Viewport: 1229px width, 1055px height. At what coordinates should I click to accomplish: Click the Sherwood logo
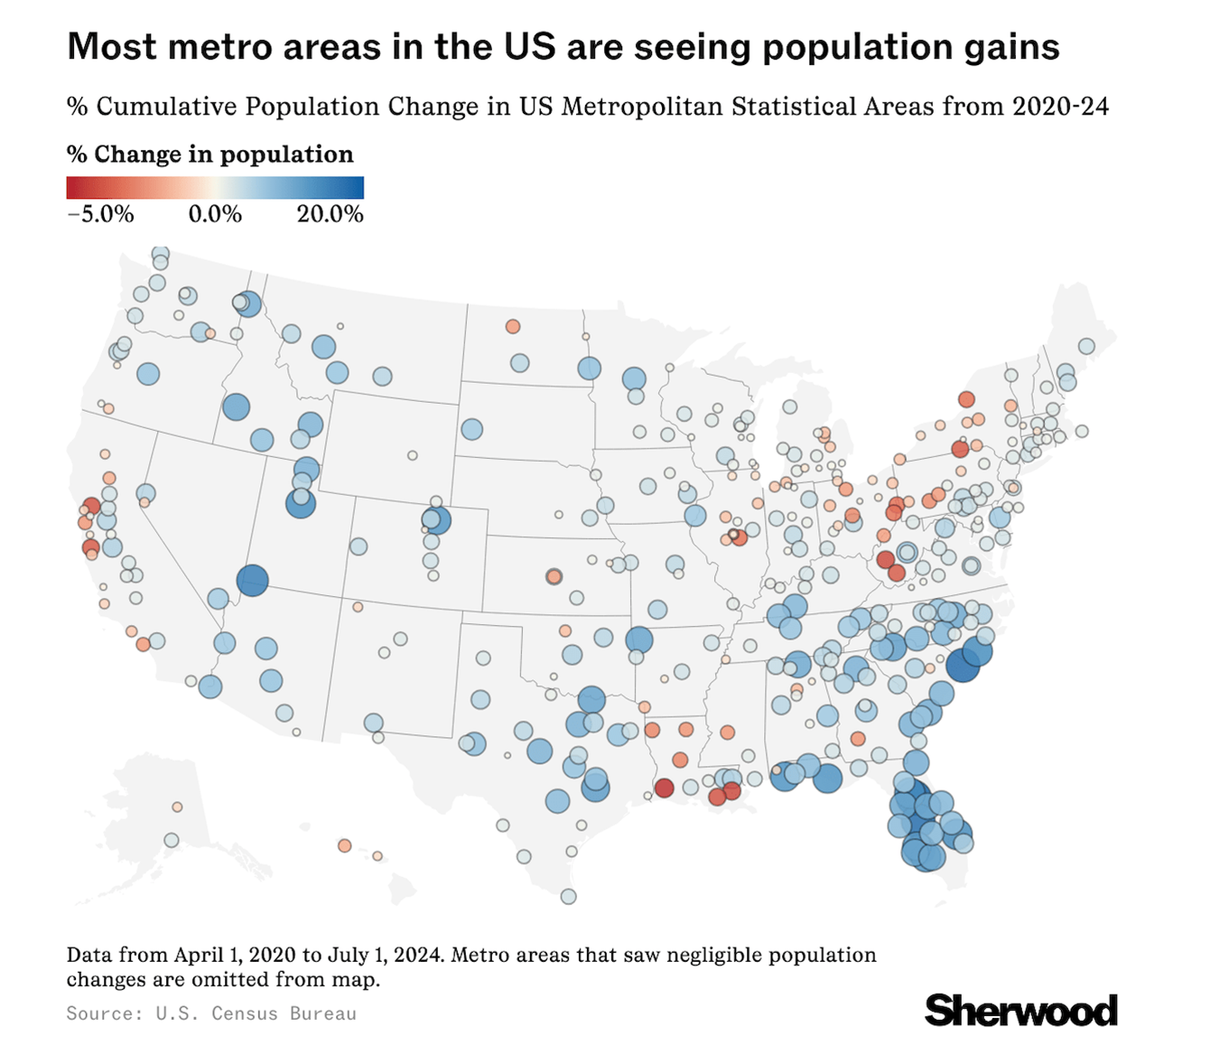click(1020, 1010)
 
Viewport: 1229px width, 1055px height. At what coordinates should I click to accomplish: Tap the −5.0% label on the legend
click(100, 214)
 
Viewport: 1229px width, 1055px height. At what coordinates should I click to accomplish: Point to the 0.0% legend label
click(215, 214)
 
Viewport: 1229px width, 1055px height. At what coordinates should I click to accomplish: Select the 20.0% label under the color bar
click(330, 214)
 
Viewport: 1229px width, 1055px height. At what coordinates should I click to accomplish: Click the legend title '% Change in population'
click(210, 154)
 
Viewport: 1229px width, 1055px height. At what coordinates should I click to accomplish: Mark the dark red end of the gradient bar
click(73, 187)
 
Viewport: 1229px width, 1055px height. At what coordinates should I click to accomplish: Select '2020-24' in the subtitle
click(1060, 107)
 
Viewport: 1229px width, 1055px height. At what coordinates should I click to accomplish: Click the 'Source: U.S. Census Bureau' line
click(211, 1013)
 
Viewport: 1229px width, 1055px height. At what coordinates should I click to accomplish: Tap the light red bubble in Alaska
click(177, 807)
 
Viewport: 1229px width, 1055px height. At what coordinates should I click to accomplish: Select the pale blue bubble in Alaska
click(172, 840)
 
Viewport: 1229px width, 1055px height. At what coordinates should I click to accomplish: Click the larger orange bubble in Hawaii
click(344, 845)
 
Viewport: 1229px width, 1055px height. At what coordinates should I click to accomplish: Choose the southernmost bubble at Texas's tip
click(568, 896)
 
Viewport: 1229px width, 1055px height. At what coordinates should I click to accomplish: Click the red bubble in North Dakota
click(513, 326)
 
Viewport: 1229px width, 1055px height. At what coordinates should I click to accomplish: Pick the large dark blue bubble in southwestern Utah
click(253, 580)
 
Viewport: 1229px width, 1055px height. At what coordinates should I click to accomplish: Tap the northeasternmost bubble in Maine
click(1086, 346)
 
